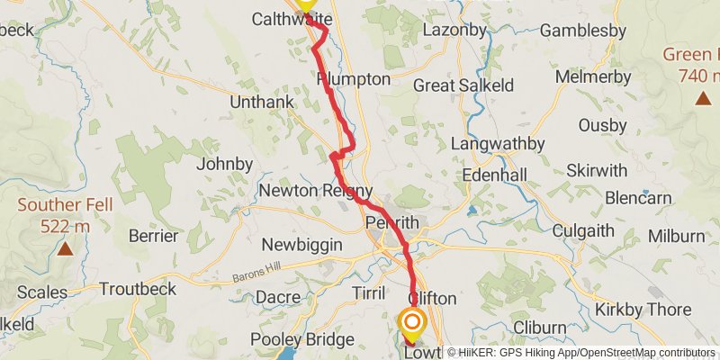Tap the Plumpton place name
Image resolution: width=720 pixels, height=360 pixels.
point(354,79)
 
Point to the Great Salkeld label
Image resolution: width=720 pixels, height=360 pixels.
point(463,85)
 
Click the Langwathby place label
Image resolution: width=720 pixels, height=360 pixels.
point(498,144)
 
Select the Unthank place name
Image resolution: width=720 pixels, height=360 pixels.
point(262,103)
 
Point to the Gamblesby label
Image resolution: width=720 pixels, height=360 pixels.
point(583,31)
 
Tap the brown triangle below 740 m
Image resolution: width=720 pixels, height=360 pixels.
point(700,96)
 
